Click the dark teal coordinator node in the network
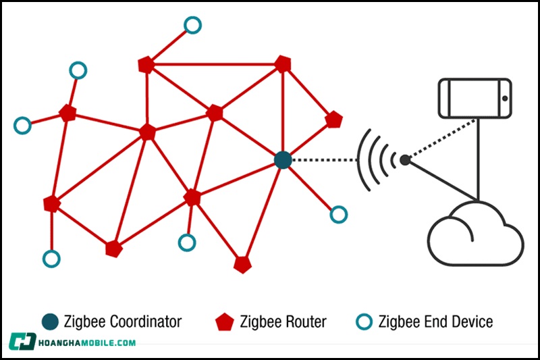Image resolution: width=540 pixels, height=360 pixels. pyautogui.click(x=283, y=160)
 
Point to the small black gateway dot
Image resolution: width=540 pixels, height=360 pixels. pyautogui.click(x=404, y=160)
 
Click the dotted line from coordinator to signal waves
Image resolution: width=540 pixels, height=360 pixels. pyautogui.click(x=324, y=160)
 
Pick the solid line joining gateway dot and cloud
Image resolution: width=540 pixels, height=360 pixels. pyautogui.click(x=442, y=180)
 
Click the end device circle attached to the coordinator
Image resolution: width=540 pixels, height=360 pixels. pyautogui.click(x=339, y=215)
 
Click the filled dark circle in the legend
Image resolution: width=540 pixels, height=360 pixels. pyautogui.click(x=49, y=322)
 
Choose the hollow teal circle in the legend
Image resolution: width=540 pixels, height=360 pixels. pyautogui.click(x=364, y=322)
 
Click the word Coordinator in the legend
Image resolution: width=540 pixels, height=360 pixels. pyautogui.click(x=145, y=322)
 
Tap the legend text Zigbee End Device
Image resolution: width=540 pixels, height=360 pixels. pyautogui.click(x=435, y=322)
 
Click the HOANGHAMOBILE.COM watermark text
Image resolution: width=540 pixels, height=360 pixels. pyautogui.click(x=88, y=342)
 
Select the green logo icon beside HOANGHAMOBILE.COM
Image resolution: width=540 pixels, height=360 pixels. pyautogui.click(x=22, y=342)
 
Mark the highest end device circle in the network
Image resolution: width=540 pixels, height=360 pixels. pyautogui.click(x=192, y=25)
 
